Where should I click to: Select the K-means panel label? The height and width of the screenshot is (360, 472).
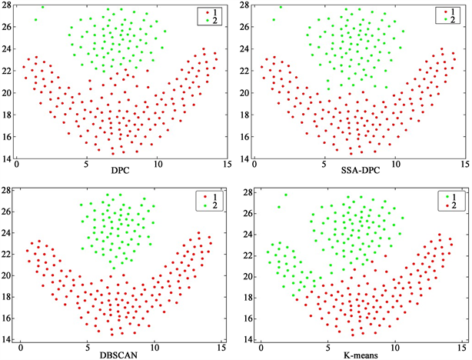pos(354,352)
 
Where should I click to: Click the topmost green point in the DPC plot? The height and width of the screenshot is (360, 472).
pos(42,7)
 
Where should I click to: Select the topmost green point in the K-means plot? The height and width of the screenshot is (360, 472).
pos(286,195)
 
